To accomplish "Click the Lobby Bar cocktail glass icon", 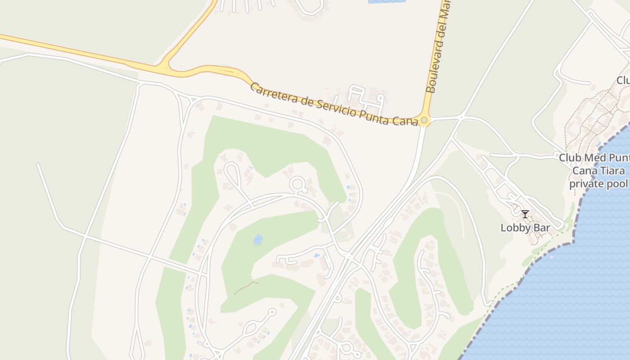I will pyautogui.click(x=525, y=214).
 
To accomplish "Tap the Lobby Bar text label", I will pyautogui.click(x=525, y=228).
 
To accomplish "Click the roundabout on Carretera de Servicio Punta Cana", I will pyautogui.click(x=424, y=120).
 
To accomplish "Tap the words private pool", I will pyautogui.click(x=598, y=184).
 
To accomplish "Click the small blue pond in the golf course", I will pyautogui.click(x=258, y=240).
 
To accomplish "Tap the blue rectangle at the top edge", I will pyautogui.click(x=387, y=2).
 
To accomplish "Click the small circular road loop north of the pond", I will pyautogui.click(x=297, y=184).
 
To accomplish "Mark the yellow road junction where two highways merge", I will pyautogui.click(x=165, y=69).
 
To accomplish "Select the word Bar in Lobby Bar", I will pyautogui.click(x=542, y=228).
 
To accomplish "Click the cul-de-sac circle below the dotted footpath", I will pyautogui.click(x=271, y=311).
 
